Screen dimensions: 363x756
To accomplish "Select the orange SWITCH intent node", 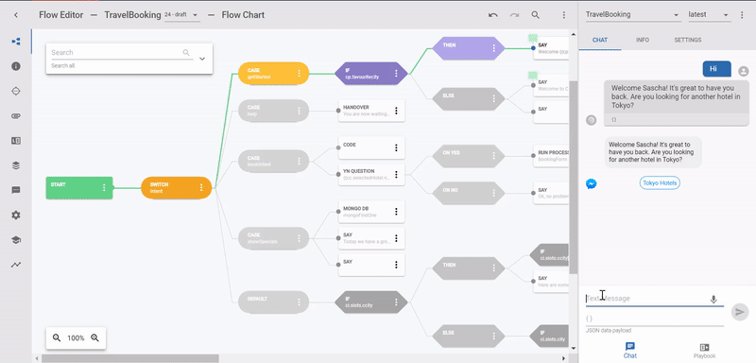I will [170, 187].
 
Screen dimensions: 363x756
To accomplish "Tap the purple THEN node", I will [463, 47].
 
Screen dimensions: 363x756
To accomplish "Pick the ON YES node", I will [463, 153].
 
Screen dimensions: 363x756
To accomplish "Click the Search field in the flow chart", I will [118, 53].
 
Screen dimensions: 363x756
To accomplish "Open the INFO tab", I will [643, 41].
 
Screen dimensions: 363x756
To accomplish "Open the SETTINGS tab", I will [687, 41].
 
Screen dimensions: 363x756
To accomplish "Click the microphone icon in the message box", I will [713, 299].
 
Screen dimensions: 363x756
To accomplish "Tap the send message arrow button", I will [740, 310].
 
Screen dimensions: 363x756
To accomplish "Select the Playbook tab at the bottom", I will [705, 350].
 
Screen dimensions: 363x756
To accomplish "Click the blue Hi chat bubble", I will [715, 69].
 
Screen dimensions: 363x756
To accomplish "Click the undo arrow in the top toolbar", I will [492, 15].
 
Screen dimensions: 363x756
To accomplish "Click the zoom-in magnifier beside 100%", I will [94, 337].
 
